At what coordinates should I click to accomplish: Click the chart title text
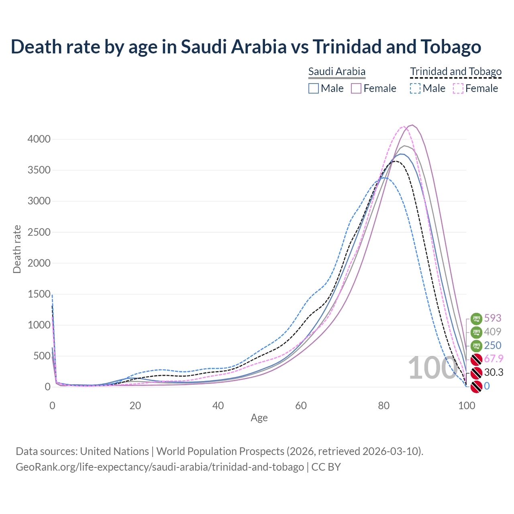[x=246, y=47]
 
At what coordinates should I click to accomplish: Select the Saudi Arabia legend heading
[x=337, y=71]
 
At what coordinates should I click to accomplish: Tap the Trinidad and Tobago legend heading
[x=456, y=71]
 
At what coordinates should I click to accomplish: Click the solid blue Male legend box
[x=314, y=88]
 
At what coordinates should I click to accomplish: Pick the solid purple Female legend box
[x=356, y=88]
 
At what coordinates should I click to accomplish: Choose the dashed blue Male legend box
[x=415, y=88]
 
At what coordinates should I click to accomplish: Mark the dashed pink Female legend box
[x=458, y=88]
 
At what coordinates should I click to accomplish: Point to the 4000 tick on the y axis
[x=39, y=139]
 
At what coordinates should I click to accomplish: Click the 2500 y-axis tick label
[x=39, y=232]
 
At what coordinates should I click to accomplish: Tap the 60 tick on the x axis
[x=301, y=406]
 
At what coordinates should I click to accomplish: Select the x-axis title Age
[x=259, y=418]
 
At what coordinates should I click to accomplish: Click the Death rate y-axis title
[x=17, y=249]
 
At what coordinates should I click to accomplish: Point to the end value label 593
[x=493, y=318]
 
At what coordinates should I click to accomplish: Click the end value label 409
[x=493, y=332]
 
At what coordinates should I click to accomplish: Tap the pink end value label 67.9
[x=494, y=359]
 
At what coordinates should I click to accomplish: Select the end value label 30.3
[x=494, y=372]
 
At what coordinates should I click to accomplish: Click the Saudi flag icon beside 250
[x=476, y=345]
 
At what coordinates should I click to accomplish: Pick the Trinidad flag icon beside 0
[x=476, y=386]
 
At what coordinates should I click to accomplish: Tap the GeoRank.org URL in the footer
[x=160, y=467]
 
